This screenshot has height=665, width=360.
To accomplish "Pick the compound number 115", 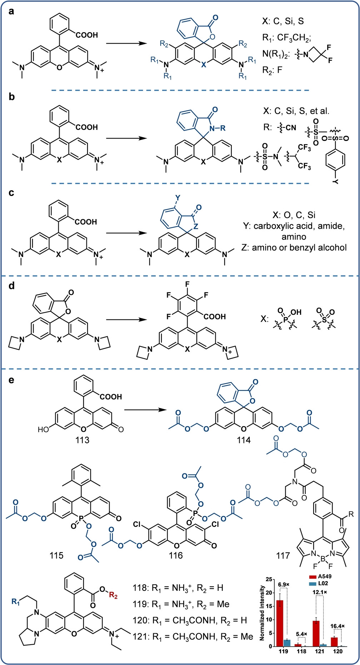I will [56, 555].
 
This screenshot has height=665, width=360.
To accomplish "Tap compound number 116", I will [176, 555].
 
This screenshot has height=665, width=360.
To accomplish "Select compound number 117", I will [283, 555].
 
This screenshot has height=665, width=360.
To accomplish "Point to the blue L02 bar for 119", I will [287, 643].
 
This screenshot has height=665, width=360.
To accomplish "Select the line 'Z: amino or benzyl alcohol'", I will [299, 247].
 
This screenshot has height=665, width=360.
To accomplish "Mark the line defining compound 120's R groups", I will [190, 620].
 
